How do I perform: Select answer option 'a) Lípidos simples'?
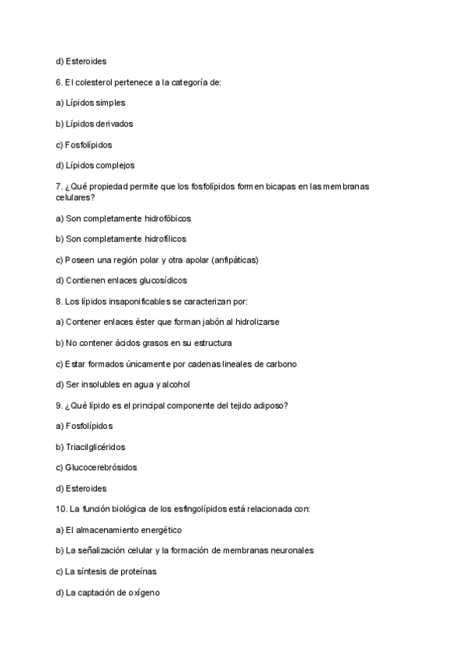(90, 103)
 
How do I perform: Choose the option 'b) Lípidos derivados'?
(95, 124)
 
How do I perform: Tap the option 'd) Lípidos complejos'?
(96, 165)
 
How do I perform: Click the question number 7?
(58, 186)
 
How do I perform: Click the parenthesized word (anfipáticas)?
(229, 260)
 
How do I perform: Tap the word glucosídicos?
(160, 281)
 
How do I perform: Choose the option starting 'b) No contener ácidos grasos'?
(144, 343)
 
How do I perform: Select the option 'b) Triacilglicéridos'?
(91, 447)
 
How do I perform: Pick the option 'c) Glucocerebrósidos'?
(96, 468)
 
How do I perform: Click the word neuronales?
(289, 550)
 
